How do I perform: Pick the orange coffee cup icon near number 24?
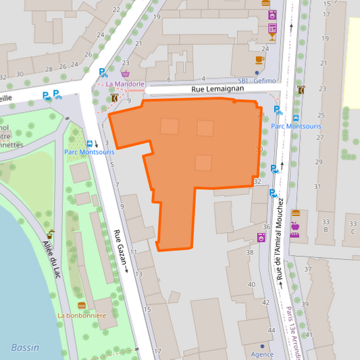259,59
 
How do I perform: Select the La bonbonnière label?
82,315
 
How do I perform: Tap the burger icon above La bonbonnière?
82,305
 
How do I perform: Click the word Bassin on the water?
25,347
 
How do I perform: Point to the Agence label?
262,354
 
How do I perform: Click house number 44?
272,330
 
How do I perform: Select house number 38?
251,252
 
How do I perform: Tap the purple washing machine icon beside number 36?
261,237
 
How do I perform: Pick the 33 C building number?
352,226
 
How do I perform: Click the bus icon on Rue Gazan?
90,143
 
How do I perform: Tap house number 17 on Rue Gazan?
157,351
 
